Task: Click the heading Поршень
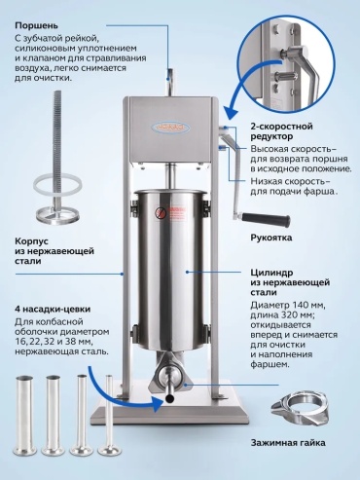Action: coord(36,25)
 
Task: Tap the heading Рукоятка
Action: coord(271,238)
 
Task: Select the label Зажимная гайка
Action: coord(288,442)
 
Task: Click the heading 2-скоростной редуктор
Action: coord(281,131)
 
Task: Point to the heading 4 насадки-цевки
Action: coord(53,309)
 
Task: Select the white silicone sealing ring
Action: coord(57,186)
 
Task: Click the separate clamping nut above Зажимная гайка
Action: coord(299,408)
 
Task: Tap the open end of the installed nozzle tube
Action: coord(168,397)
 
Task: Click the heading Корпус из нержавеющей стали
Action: coord(54,251)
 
